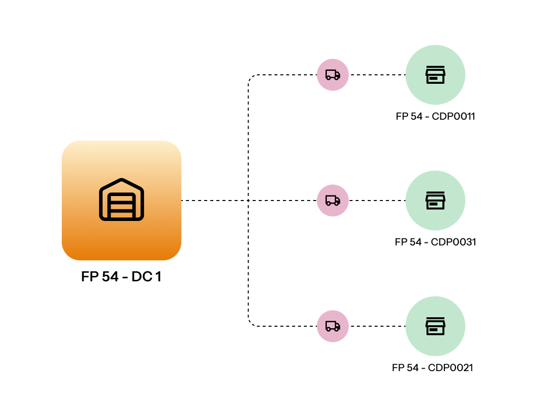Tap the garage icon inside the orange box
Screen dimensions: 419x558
point(122,200)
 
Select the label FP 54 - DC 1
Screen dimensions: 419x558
point(121,277)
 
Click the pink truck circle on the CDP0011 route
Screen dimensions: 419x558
point(333,75)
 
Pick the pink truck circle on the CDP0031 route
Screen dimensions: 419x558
point(333,201)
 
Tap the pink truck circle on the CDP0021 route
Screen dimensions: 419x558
point(333,326)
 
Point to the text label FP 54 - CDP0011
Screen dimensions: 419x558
point(435,117)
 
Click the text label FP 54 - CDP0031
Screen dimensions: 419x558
point(435,242)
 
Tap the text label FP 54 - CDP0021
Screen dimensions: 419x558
point(432,368)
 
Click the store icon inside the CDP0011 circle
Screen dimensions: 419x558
point(435,75)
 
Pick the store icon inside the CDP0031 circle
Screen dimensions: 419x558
point(435,201)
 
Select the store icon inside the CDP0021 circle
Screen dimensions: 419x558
point(435,326)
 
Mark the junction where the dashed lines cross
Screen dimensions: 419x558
point(248,201)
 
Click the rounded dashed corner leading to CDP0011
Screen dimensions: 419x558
point(251,78)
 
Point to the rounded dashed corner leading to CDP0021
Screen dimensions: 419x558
point(251,324)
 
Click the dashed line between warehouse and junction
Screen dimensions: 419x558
point(214,201)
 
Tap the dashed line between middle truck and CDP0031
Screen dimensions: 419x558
point(377,201)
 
